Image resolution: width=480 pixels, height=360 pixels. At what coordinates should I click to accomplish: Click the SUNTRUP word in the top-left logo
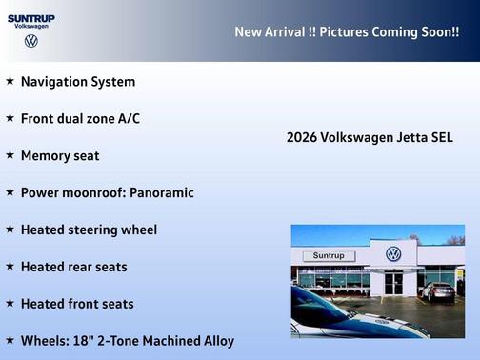coord(31,17)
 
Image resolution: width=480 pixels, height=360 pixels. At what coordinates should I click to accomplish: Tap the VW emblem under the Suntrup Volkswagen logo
coord(31,41)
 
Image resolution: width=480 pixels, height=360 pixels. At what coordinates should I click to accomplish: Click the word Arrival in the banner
coord(292,32)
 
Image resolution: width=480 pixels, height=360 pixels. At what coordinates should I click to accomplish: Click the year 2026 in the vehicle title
coord(302,138)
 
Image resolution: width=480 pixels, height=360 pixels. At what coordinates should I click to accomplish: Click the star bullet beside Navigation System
coord(10,82)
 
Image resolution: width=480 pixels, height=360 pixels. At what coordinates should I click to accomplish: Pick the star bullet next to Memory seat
coord(10,155)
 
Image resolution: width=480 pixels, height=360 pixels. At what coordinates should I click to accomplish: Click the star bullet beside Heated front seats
coord(10,304)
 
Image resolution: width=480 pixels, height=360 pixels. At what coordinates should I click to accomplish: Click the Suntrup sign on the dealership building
coord(329,256)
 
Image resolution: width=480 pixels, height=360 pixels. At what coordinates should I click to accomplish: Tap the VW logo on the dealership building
coord(393,254)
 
